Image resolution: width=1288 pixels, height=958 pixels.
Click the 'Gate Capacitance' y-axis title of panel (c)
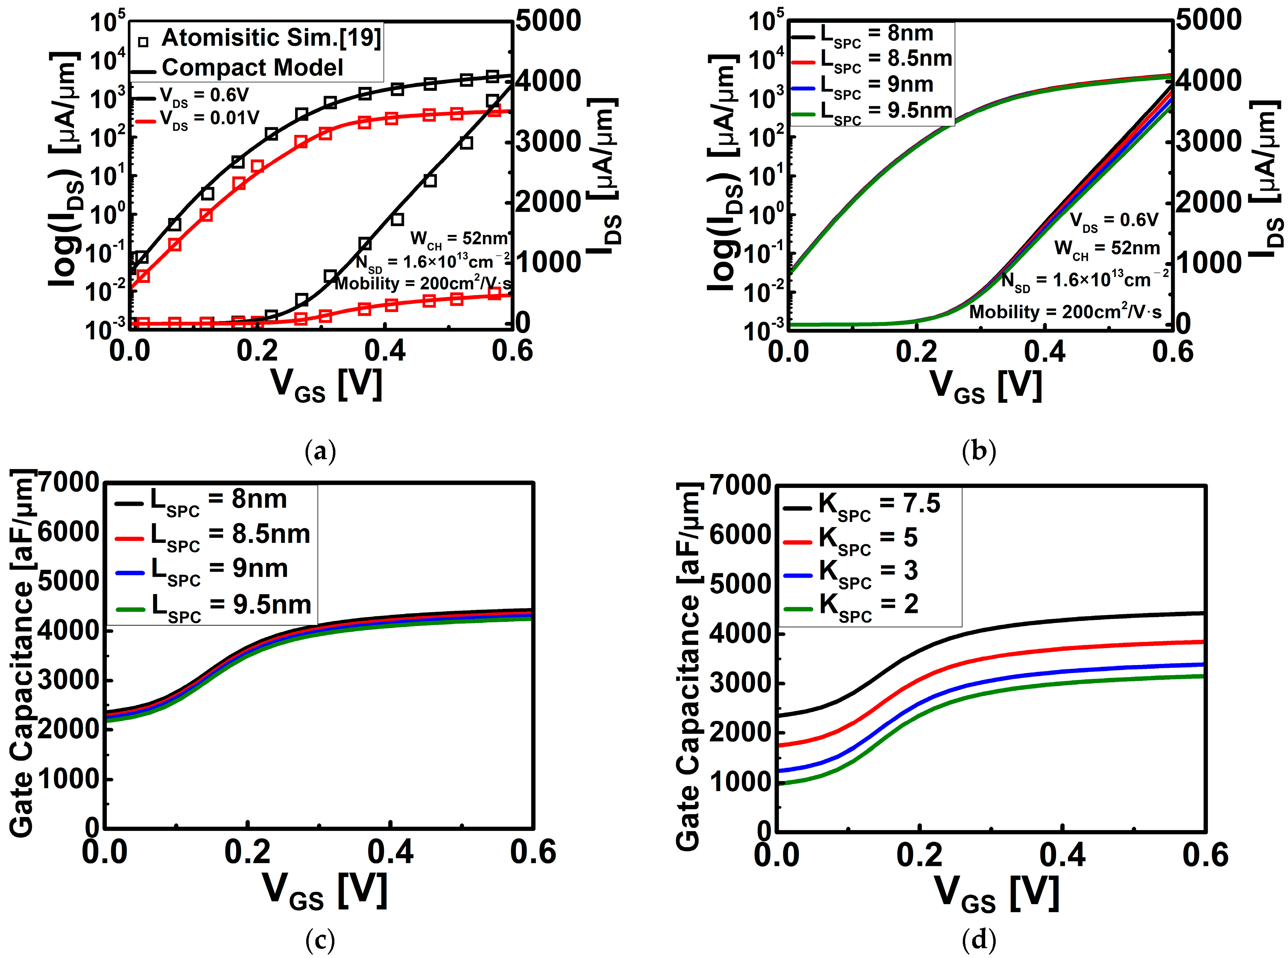(22, 655)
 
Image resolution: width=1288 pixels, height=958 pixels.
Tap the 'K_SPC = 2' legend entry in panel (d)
(868, 605)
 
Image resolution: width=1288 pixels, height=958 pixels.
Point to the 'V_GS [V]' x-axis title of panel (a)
(327, 385)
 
